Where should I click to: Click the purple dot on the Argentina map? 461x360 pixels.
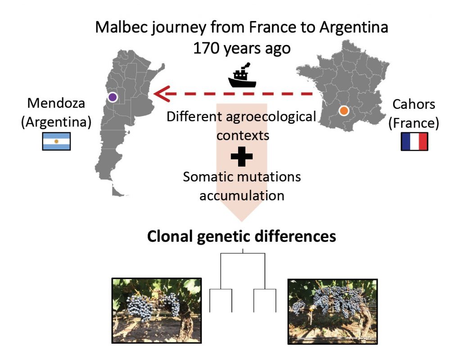[x=113, y=97]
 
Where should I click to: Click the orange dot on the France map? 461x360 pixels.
[x=343, y=111]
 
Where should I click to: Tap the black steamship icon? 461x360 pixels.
[x=242, y=76]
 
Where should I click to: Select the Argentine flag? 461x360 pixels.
[x=56, y=141]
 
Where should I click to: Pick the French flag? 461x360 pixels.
[x=415, y=141]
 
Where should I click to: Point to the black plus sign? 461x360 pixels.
[x=242, y=156]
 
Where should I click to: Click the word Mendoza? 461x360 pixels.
[x=56, y=103]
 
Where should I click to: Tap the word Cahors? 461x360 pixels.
[x=414, y=104]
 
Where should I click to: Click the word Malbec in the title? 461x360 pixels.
[x=122, y=27]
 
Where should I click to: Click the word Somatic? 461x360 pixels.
[x=208, y=177]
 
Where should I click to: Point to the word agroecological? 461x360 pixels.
[x=271, y=117]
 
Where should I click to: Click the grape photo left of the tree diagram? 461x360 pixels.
[x=157, y=310]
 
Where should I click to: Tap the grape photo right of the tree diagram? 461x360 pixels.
[x=333, y=311]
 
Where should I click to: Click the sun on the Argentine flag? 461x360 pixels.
[x=56, y=141]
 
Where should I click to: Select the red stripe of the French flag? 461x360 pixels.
[x=423, y=141]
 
